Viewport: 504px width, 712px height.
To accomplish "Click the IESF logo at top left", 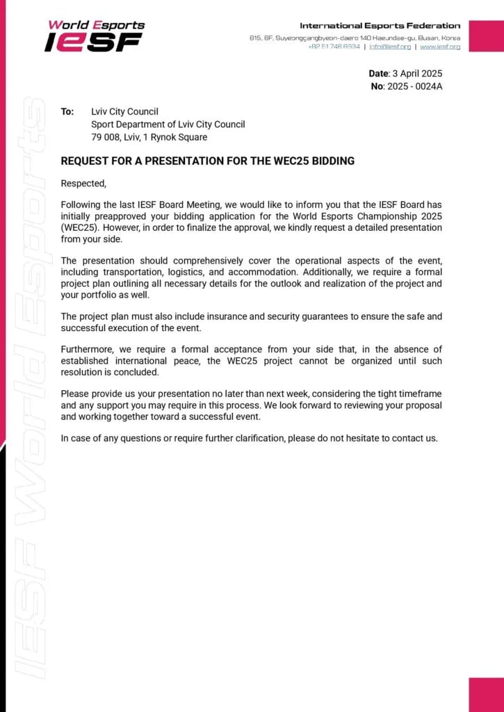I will (95, 35).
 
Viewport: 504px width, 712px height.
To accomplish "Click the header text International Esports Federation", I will (380, 26).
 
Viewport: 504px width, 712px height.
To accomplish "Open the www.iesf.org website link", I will (440, 47).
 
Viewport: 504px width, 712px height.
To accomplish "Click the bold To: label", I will (67, 111).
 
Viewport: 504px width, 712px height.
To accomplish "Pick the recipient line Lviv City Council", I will (125, 111).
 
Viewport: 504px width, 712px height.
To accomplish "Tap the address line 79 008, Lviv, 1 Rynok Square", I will (149, 137).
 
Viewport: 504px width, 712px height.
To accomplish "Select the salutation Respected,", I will (83, 184).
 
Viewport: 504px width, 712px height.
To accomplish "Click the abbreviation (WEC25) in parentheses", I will (77, 227).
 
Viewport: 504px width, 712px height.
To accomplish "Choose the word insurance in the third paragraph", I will (243, 316).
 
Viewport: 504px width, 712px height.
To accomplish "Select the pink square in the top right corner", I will (486, 35).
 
